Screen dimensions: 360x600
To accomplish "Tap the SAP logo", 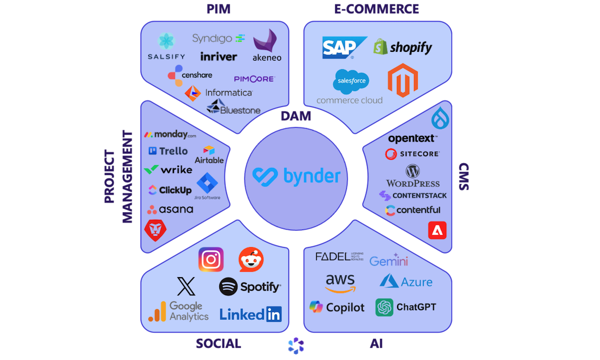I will click(x=339, y=48).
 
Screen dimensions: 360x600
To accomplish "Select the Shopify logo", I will click(x=403, y=47).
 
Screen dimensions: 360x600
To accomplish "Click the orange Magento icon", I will click(x=403, y=81).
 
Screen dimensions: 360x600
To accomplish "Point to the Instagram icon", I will click(x=211, y=259).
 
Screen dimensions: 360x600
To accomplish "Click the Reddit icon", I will click(x=251, y=260).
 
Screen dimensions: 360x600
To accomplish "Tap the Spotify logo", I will click(x=250, y=286).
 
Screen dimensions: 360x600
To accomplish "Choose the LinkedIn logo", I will click(x=250, y=314).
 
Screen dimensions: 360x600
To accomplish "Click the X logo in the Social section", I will click(x=186, y=286).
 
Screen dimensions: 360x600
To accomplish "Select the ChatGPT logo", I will click(x=406, y=307).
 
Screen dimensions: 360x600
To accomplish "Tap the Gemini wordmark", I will click(x=389, y=260).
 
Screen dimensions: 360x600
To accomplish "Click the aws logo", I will click(x=340, y=283).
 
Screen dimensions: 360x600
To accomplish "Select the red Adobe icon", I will click(x=437, y=230).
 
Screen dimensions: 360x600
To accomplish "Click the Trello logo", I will click(x=167, y=151).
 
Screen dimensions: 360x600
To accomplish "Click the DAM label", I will click(x=297, y=116).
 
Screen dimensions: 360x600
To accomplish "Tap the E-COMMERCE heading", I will click(x=377, y=9).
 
